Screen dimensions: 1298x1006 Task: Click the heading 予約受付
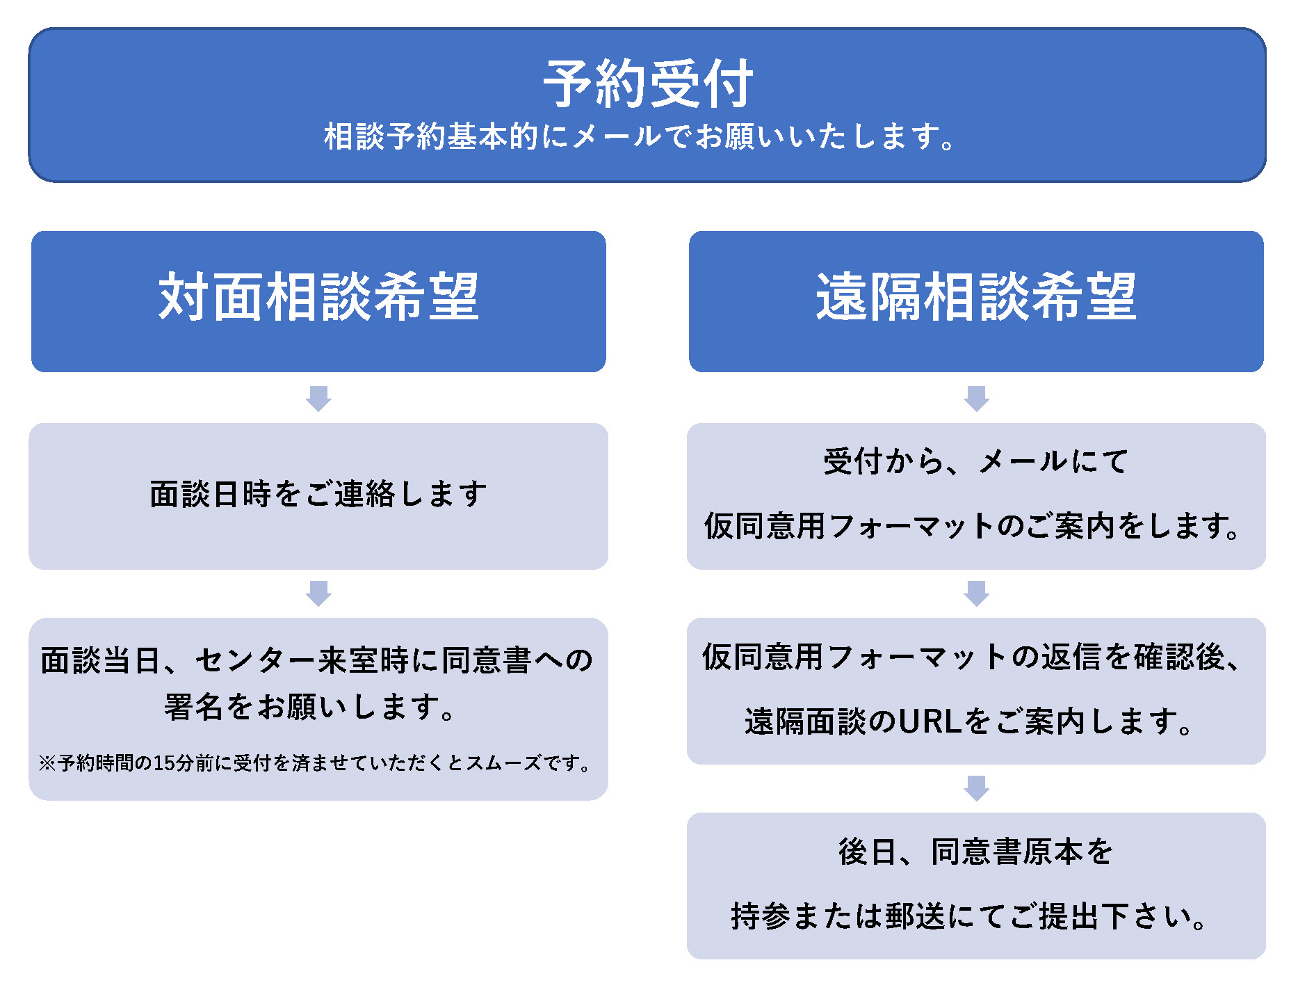click(x=648, y=83)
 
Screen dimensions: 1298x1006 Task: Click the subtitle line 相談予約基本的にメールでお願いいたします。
click(x=640, y=136)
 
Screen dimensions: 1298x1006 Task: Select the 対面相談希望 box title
click(x=318, y=296)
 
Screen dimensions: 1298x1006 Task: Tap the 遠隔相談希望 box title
click(x=976, y=296)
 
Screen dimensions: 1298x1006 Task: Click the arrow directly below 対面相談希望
click(x=318, y=399)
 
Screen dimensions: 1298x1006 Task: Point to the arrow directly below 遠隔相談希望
click(x=976, y=399)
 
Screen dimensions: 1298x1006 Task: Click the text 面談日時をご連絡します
click(x=318, y=494)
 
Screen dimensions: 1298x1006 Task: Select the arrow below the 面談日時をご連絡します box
click(x=318, y=593)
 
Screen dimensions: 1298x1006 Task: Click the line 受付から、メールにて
click(x=976, y=461)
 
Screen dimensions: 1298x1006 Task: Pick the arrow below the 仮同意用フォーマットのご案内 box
click(x=976, y=593)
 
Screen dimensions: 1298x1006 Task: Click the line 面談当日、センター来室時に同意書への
click(x=317, y=660)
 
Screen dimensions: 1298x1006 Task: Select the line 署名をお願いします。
click(x=310, y=707)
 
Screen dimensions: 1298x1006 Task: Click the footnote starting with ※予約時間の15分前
click(x=316, y=763)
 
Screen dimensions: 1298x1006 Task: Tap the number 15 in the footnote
click(x=164, y=763)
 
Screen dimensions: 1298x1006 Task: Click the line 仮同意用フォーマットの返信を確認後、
click(x=972, y=657)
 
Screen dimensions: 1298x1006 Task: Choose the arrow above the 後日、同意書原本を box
click(x=976, y=788)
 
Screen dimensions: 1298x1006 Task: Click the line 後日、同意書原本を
click(x=976, y=852)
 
